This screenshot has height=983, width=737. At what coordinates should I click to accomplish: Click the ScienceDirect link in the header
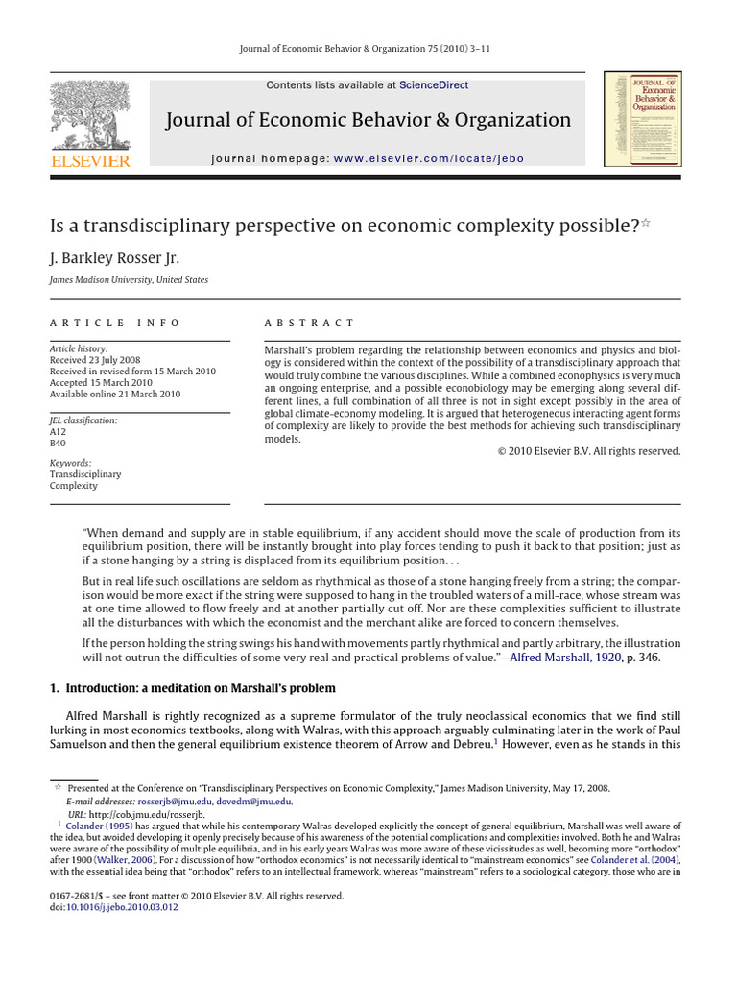coord(434,85)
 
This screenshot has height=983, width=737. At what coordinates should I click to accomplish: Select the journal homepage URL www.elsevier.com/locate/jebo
coord(429,158)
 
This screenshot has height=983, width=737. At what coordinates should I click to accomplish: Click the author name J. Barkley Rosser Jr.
coord(114,258)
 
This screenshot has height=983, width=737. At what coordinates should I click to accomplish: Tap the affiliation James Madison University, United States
coord(129,280)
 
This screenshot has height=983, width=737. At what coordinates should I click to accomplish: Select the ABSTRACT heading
coord(309,323)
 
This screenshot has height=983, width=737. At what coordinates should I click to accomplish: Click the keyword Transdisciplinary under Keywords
coord(85,474)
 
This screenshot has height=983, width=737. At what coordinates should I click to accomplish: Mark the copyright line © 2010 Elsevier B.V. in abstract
coord(588,451)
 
